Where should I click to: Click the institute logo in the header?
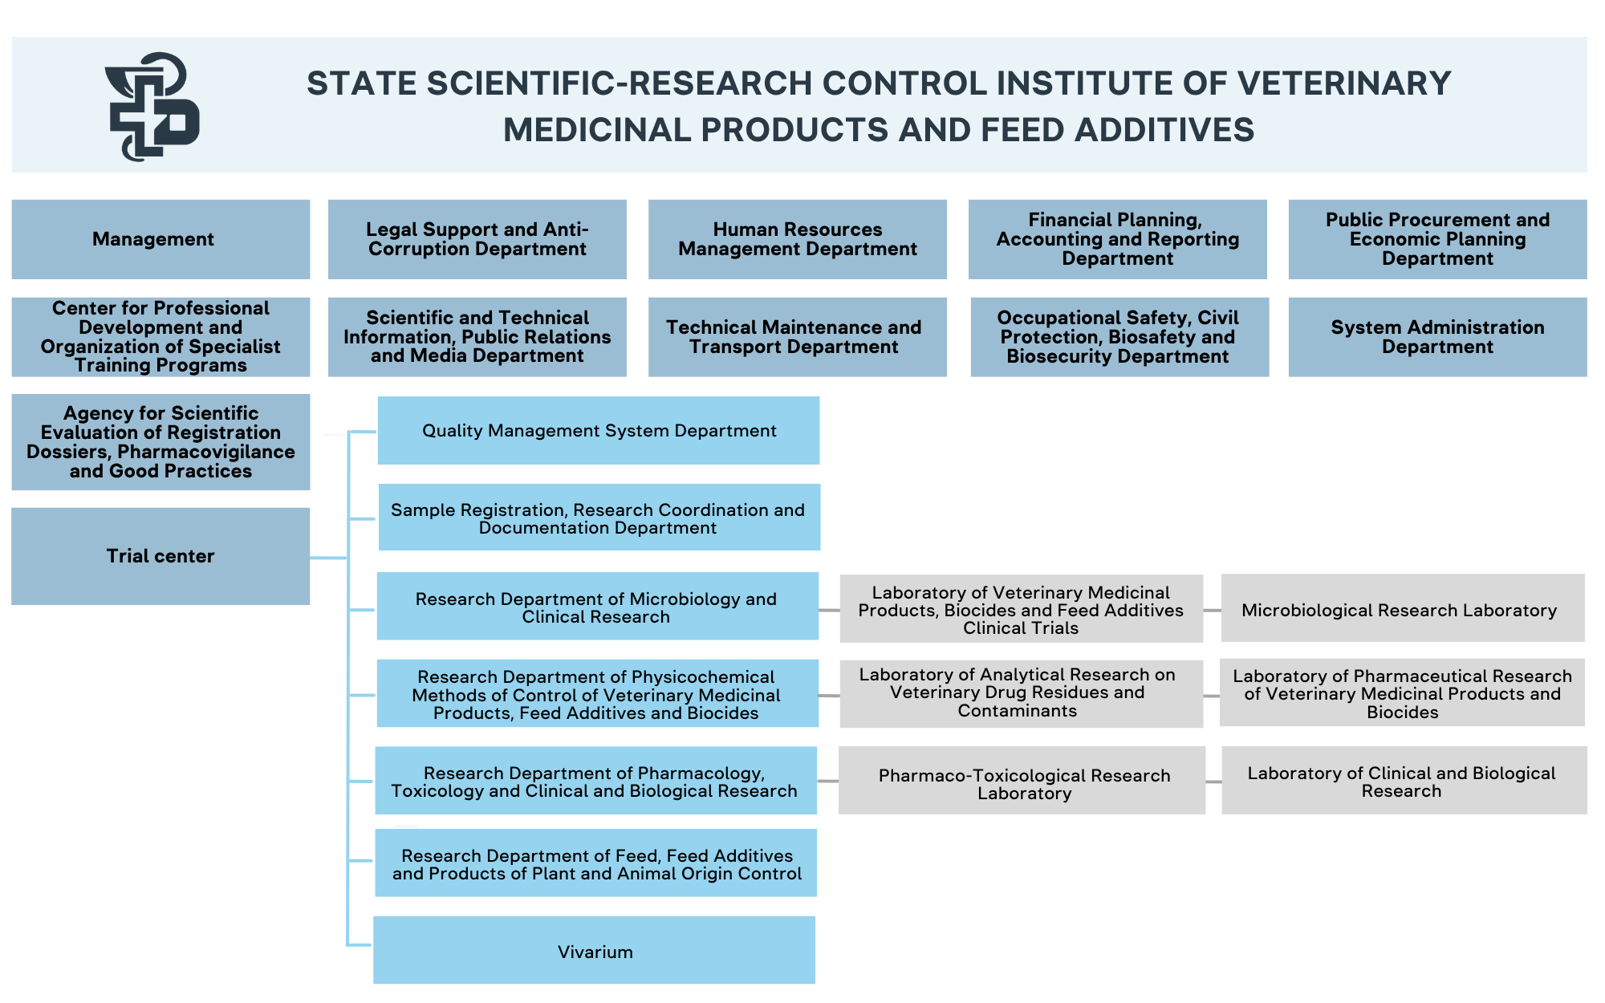[152, 107]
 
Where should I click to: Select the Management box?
[160, 239]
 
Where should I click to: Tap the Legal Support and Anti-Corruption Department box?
[477, 239]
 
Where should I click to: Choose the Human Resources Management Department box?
[797, 239]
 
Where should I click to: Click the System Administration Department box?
[1437, 337]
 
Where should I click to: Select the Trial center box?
[160, 556]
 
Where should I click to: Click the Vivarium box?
[594, 951]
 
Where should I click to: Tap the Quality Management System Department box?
[599, 431]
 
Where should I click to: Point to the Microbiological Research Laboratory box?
[1402, 609]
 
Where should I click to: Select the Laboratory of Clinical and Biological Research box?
[1404, 782]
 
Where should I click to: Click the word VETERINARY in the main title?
[1343, 83]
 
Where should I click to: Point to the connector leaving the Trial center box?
[328, 558]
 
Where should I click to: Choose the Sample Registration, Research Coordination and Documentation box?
[599, 518]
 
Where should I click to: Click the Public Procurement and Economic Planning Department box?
[1437, 239]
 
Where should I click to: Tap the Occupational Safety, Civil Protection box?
[1119, 337]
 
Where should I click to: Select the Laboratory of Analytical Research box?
[1021, 693]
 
